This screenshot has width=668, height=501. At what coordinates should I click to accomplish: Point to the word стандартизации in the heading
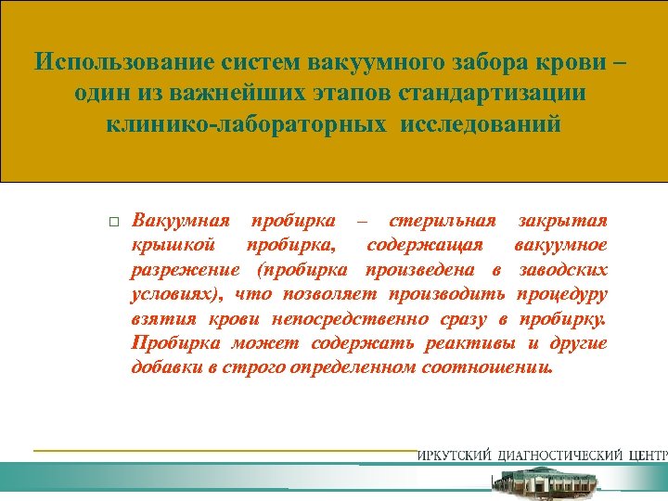[497, 94]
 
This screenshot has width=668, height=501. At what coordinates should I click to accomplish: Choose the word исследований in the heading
[482, 124]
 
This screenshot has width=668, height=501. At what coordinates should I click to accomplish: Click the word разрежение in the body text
[184, 270]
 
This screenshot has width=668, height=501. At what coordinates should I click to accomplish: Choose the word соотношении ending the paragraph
[496, 366]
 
